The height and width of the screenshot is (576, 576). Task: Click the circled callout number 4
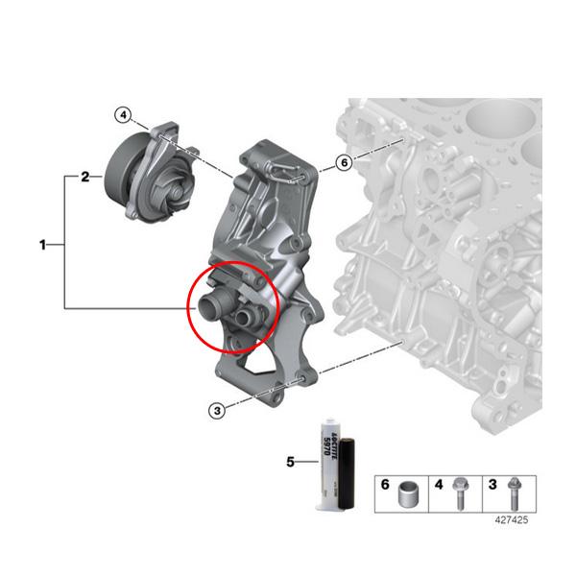click(x=122, y=115)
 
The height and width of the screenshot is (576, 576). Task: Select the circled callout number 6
click(x=344, y=163)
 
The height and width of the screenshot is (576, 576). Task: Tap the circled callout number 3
click(x=218, y=410)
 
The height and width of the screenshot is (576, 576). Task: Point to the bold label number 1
click(x=42, y=246)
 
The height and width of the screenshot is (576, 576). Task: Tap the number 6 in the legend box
click(x=384, y=485)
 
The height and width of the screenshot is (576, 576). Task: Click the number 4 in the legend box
click(x=440, y=485)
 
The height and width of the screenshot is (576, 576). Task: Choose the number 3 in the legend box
click(x=493, y=485)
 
